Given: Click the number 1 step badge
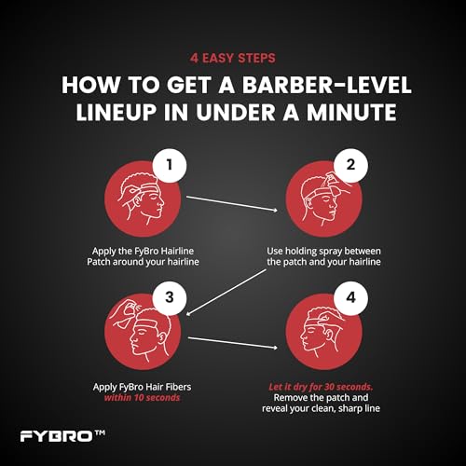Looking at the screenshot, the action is (x=170, y=165).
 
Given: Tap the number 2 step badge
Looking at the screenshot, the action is (x=350, y=165).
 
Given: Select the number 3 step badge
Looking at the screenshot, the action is (x=170, y=298).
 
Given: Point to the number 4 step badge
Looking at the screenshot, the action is (x=350, y=298).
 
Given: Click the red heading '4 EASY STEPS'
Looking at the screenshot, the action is (x=233, y=58).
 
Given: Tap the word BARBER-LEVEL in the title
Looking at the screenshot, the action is (x=327, y=85).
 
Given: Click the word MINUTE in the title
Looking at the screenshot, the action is (x=351, y=112).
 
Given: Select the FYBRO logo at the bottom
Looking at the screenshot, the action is (x=62, y=436).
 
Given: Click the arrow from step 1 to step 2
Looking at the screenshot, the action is (x=232, y=203).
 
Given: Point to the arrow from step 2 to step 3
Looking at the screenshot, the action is (x=227, y=292).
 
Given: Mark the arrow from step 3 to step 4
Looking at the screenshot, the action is (x=233, y=343).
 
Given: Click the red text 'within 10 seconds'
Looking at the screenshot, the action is (x=142, y=398).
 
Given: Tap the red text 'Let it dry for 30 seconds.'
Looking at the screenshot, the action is (x=321, y=387).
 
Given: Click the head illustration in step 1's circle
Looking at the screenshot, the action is (x=141, y=197).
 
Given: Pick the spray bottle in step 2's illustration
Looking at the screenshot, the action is (x=334, y=185).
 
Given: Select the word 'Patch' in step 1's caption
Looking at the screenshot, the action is (x=99, y=262).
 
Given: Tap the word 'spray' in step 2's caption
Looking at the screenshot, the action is (x=328, y=252).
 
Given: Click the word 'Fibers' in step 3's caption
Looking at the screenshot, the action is (x=178, y=387).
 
